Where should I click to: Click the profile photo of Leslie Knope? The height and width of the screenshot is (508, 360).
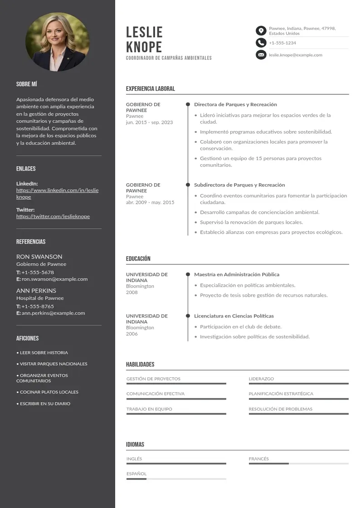(x=58, y=42)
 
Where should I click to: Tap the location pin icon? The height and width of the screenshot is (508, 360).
(x=261, y=31)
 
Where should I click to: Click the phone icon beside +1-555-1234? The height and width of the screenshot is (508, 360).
(x=261, y=43)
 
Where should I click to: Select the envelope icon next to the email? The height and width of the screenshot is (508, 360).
(x=261, y=55)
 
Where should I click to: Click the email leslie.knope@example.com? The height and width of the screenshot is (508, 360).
(x=296, y=55)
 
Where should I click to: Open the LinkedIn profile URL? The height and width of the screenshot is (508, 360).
(x=57, y=194)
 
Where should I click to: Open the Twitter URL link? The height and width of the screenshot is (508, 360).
(x=53, y=216)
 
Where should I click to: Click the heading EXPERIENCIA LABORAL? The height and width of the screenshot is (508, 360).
(x=150, y=89)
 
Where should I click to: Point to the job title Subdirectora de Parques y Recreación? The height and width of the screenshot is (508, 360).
(x=239, y=185)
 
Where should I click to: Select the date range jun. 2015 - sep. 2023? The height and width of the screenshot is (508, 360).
(x=149, y=122)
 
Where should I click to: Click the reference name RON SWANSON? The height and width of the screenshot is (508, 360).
(x=39, y=257)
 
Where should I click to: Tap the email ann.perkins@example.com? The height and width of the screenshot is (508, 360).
(x=54, y=313)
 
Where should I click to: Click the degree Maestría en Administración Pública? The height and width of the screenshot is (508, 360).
(x=237, y=274)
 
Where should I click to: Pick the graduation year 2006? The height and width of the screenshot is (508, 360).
(x=131, y=334)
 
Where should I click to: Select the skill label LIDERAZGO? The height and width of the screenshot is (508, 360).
(x=261, y=379)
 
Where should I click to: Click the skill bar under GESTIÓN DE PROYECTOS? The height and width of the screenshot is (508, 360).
(x=176, y=384)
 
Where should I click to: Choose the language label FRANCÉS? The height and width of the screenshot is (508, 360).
(x=258, y=459)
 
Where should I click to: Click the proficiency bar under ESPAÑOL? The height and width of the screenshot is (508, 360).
(x=176, y=479)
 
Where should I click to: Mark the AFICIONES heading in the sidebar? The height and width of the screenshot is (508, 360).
(x=28, y=338)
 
